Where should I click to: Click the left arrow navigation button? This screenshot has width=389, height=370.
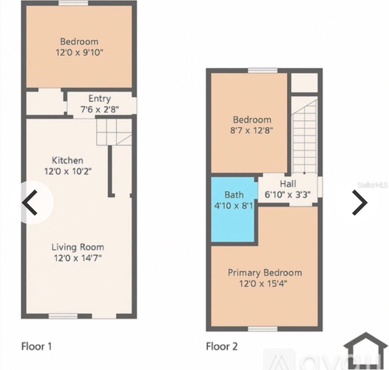coord(31,202)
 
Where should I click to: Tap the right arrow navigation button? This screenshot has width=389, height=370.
coord(360,202)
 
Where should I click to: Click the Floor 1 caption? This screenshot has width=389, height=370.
coord(36,346)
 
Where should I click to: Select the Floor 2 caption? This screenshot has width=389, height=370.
coord(222,346)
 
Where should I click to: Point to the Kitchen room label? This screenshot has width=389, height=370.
coord(67,160)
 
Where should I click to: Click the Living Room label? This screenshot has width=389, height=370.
coord(77,247)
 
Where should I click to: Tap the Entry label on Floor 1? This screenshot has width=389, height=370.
coord(99,99)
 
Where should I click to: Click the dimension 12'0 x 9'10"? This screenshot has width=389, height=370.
coord(79,53)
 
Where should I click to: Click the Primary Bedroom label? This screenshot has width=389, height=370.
coord(265,273)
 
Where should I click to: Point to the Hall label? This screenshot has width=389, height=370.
coord(288,184)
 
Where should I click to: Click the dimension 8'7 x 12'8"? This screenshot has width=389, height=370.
coord(252,130)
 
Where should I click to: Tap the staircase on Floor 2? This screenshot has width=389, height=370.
coord(304,135)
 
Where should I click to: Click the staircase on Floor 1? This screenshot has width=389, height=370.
coord(114,132)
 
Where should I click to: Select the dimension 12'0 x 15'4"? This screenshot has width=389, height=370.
coord(263,284)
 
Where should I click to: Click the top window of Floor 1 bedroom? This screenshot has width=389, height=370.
coord(73,3)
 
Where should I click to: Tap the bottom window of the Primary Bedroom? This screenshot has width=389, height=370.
coord(263,329)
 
